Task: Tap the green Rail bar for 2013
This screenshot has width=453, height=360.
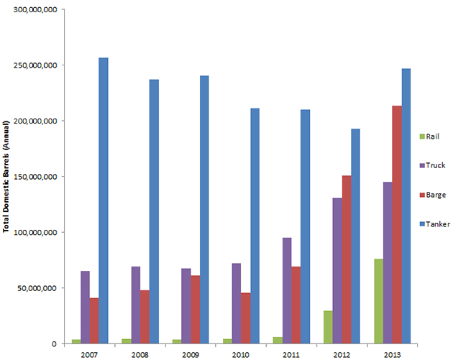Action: (378, 301)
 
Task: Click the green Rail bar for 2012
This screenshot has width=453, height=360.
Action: (328, 327)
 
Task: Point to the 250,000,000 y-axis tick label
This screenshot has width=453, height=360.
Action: (35, 65)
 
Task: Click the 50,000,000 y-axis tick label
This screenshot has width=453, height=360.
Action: (37, 288)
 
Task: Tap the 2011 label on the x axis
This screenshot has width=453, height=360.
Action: (291, 353)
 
